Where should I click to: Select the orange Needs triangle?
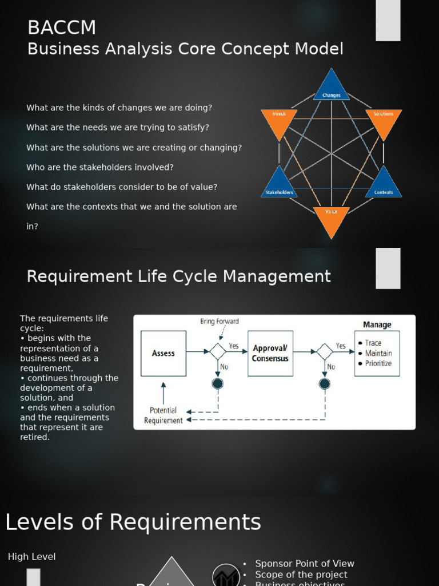279,121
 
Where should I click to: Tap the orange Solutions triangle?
384,121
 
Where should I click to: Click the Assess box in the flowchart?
163,353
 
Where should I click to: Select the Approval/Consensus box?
270,353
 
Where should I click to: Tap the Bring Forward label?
219,321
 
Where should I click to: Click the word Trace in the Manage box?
373,343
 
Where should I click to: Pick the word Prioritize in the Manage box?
378,363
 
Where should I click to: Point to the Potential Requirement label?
163,415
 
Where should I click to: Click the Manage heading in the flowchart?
377,324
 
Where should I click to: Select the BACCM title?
62,27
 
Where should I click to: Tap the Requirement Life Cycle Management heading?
179,276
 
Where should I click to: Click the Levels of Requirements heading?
133,522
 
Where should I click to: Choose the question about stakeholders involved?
100,167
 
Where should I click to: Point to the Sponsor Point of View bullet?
305,564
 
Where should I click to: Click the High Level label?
32,556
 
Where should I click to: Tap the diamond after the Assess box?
218,351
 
